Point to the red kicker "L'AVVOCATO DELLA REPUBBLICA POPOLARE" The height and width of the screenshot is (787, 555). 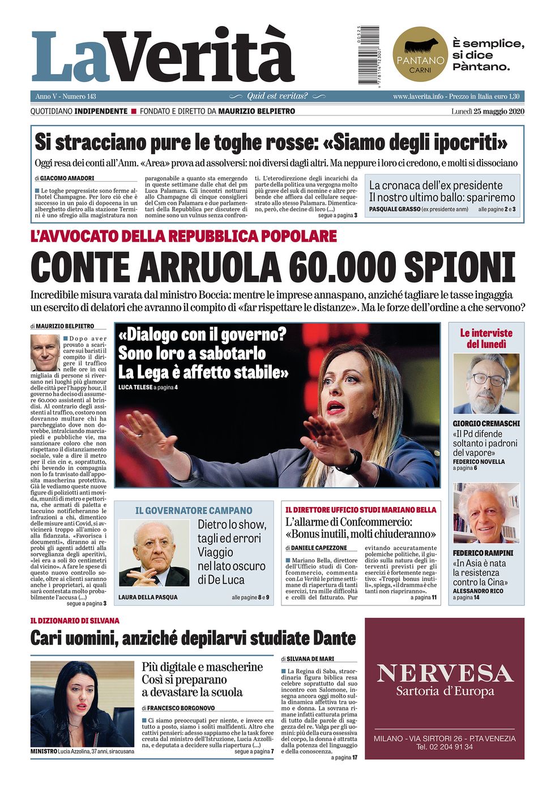coord(183,236)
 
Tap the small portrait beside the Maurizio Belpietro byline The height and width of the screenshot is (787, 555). coord(45,352)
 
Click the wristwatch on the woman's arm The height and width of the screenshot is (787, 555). coord(351,462)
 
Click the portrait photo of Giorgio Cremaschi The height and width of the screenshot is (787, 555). coord(486,384)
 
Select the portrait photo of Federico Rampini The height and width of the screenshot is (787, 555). coord(486,513)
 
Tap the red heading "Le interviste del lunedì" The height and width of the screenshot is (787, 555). coord(486,338)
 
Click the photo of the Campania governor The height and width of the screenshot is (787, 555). coord(154,553)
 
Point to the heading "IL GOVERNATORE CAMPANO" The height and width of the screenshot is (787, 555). coord(194,510)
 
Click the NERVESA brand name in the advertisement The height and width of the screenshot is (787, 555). coord(445,673)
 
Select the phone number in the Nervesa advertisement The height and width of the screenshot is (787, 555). coord(445,747)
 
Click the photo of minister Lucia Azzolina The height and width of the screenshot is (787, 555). coord(82,704)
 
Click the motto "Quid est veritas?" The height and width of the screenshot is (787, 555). coord(277,96)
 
